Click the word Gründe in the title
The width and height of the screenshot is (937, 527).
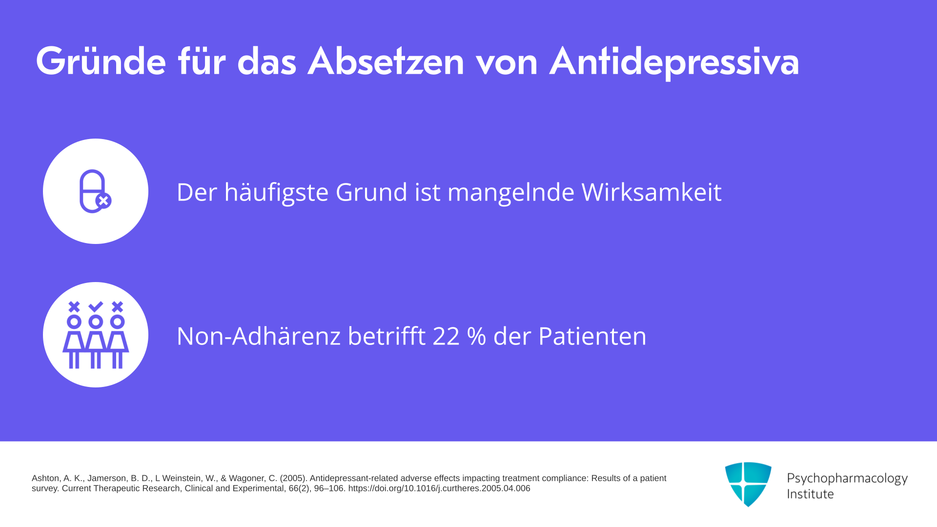[x=101, y=61]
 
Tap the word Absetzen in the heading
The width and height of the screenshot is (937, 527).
[x=386, y=61]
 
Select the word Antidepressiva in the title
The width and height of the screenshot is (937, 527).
[x=674, y=62]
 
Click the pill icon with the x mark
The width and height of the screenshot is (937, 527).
[x=95, y=191]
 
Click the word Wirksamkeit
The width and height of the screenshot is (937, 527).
[x=652, y=192]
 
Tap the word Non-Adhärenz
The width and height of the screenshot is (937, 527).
[x=259, y=336]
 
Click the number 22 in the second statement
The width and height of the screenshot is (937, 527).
[x=446, y=336]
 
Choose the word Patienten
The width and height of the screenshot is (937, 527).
[x=592, y=336]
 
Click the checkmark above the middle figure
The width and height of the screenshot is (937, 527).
[x=96, y=306]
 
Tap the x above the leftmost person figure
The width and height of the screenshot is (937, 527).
[x=74, y=306]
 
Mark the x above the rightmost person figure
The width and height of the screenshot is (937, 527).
[x=117, y=306]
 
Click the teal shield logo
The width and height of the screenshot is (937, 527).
[x=748, y=484]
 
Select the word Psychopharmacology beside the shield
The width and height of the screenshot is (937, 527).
[x=847, y=479]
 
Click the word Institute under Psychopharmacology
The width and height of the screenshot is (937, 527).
[x=810, y=494]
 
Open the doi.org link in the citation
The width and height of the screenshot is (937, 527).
[x=439, y=488]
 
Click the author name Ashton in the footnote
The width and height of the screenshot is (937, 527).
[x=45, y=478]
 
